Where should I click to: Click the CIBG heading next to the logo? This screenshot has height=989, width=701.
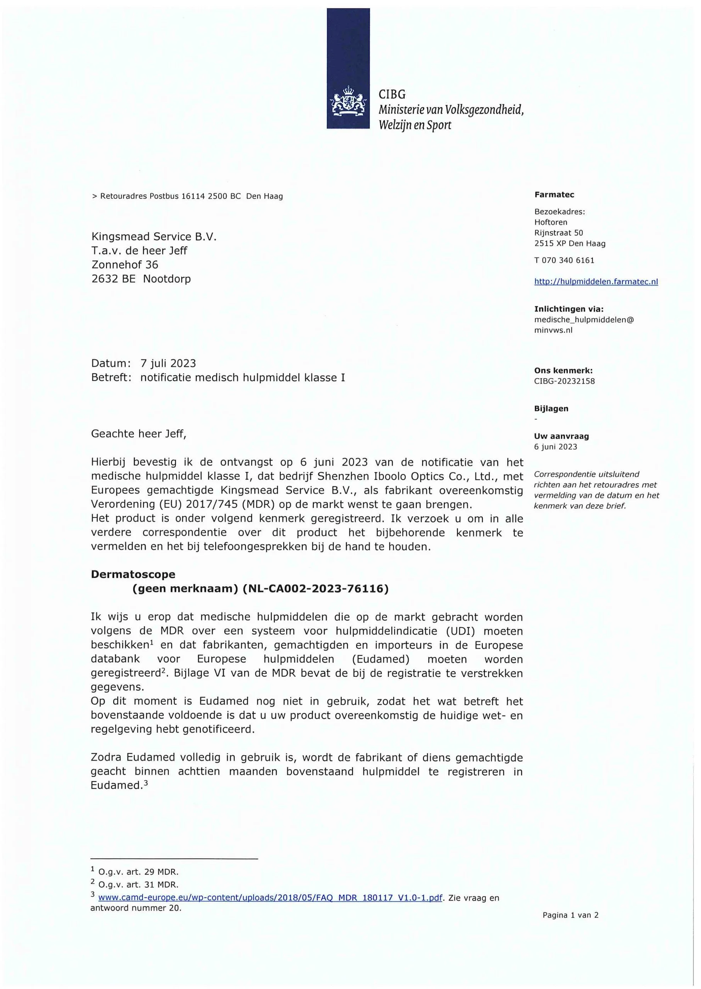click(392, 94)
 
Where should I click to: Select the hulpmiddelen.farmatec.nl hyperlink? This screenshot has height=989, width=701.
click(596, 282)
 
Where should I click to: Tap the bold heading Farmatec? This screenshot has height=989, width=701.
click(554, 195)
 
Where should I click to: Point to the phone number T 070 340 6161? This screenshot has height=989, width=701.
click(564, 260)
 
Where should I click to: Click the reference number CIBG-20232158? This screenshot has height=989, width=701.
click(564, 381)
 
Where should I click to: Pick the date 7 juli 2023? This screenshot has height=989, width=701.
click(168, 363)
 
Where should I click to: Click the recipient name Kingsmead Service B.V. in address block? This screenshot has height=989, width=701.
click(154, 236)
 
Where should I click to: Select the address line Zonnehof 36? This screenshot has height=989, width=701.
click(125, 265)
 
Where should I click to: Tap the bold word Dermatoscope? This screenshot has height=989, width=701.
click(133, 574)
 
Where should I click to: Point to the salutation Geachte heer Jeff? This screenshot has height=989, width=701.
click(139, 434)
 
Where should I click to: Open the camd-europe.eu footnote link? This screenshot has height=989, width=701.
click(270, 898)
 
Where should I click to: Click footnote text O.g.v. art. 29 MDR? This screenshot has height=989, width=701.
click(138, 872)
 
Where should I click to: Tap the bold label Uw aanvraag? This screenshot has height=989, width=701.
click(561, 436)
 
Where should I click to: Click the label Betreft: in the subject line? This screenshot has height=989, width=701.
click(111, 378)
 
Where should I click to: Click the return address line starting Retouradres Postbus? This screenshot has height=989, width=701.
click(188, 196)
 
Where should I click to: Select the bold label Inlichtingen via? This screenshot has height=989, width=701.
click(569, 309)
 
